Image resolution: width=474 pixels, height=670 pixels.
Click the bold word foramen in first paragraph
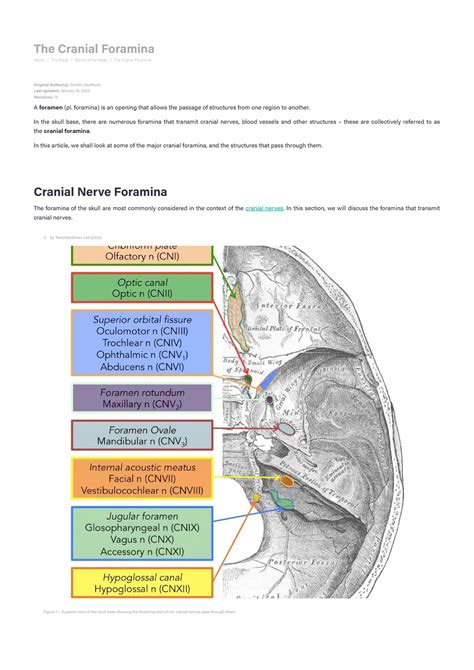point(54,105)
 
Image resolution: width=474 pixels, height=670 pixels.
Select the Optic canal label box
point(141,288)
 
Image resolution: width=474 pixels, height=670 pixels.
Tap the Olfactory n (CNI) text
point(141,257)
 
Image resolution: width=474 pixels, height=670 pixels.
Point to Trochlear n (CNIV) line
point(141,342)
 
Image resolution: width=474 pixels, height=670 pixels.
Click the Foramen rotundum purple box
point(141,399)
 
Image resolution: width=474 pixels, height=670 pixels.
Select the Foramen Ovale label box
point(141,434)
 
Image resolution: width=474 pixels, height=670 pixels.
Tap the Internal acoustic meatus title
point(141,467)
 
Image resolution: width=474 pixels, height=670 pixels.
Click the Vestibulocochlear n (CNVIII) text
point(141,491)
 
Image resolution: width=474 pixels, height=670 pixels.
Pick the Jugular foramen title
point(141,516)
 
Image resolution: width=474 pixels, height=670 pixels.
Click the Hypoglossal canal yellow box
point(141,583)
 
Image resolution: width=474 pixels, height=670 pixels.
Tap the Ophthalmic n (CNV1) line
point(141,354)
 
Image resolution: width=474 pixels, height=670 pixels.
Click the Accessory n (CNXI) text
point(141,551)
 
